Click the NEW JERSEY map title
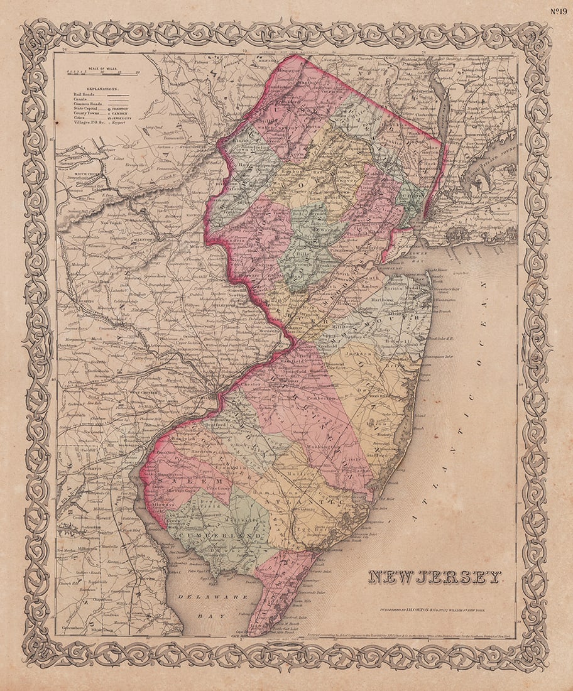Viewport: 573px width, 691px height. pos(435,577)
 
